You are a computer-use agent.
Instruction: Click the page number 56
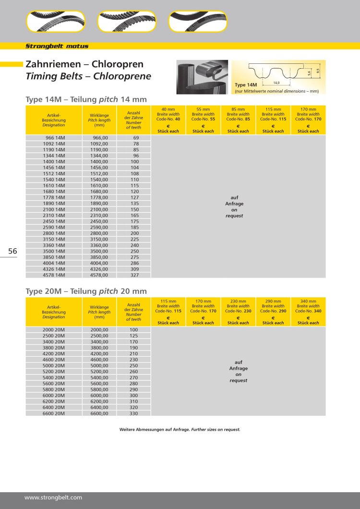(12, 251)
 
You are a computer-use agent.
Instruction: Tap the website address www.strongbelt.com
(53, 497)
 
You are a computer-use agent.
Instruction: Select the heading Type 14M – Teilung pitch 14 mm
(86, 99)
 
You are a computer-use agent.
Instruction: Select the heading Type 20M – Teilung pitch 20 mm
(86, 291)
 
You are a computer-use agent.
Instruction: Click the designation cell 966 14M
(54, 138)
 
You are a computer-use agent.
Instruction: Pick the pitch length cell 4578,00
(99, 275)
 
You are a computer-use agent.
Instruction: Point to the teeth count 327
(135, 275)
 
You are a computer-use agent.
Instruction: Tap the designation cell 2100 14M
(54, 209)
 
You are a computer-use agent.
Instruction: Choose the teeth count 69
(136, 138)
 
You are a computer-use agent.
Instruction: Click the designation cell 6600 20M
(54, 413)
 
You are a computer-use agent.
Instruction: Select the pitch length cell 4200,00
(99, 353)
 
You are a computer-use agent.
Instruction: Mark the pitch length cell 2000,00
(99, 330)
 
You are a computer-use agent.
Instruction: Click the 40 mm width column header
(168, 120)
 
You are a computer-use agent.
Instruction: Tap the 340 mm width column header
(308, 311)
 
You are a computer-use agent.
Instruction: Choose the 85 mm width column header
(238, 120)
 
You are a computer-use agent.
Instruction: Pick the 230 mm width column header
(238, 311)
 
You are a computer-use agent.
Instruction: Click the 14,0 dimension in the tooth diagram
(276, 83)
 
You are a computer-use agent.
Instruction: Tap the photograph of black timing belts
(202, 77)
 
